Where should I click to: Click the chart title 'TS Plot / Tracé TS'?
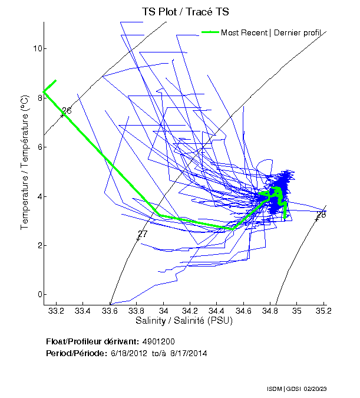(185, 12)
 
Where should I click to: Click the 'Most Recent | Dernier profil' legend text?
(274, 32)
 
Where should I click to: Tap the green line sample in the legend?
(210, 32)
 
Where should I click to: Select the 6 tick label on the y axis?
(37, 147)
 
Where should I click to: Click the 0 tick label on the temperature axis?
(37, 295)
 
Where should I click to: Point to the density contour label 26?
(67, 111)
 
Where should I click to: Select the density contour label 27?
(142, 234)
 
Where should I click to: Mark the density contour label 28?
(321, 215)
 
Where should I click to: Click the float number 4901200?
(158, 341)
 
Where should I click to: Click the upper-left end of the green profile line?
(55, 80)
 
